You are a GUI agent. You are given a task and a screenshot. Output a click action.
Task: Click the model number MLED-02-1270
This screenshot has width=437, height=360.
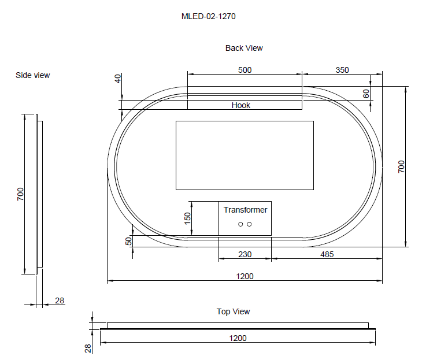(x=208, y=17)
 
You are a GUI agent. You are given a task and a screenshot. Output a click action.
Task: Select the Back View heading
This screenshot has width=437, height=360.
(x=244, y=48)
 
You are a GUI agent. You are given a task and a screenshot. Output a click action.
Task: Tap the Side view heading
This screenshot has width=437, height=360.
(x=32, y=75)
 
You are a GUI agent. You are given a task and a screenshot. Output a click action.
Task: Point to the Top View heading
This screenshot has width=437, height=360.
(x=233, y=311)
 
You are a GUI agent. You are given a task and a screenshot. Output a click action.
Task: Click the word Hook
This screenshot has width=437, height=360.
(x=241, y=105)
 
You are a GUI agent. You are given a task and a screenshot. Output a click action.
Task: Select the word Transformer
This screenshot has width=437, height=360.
(x=245, y=210)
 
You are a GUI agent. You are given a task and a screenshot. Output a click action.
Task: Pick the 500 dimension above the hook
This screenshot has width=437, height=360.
(x=245, y=70)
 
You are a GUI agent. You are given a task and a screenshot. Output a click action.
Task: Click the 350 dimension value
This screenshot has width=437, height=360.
(x=342, y=70)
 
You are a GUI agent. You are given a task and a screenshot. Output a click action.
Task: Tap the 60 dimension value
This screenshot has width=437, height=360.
(x=366, y=94)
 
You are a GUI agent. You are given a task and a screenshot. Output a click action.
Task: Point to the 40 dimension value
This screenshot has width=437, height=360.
(x=118, y=79)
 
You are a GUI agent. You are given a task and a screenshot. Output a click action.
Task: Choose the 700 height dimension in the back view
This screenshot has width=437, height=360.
(x=402, y=166)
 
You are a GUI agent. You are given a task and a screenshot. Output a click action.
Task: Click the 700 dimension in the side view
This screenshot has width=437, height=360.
(x=20, y=194)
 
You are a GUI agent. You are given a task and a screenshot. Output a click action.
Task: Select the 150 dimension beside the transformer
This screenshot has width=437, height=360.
(x=187, y=218)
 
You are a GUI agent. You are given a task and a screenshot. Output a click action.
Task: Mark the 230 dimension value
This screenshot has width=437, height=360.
(x=245, y=254)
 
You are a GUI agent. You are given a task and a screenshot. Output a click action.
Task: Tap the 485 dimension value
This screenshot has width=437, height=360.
(x=327, y=254)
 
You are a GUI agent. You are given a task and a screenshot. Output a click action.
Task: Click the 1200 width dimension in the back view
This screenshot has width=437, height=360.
(x=245, y=276)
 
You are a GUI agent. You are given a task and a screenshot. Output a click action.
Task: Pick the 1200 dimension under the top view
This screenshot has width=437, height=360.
(x=238, y=338)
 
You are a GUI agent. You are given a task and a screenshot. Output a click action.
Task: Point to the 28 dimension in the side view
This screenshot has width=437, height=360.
(x=60, y=300)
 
